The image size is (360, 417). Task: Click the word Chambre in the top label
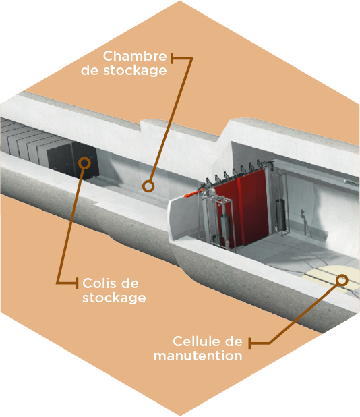[x=135, y=56]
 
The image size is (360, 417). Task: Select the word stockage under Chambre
[x=135, y=71]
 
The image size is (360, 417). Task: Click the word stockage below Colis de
[x=114, y=298]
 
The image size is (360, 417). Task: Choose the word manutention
[x=198, y=356]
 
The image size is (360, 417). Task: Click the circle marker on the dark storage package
[x=85, y=163]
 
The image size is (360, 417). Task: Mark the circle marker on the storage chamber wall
[x=148, y=186]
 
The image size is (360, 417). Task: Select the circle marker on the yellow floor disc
[x=342, y=280]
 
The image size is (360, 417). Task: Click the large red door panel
[x=242, y=207]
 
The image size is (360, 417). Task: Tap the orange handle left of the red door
[x=192, y=194]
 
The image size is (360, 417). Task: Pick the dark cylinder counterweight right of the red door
[x=280, y=215]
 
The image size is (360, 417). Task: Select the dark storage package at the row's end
[x=72, y=159]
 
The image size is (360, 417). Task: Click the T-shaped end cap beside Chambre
[x=172, y=58]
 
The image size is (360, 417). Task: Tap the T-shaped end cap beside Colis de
[x=77, y=283]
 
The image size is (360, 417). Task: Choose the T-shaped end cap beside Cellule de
[x=249, y=343]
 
